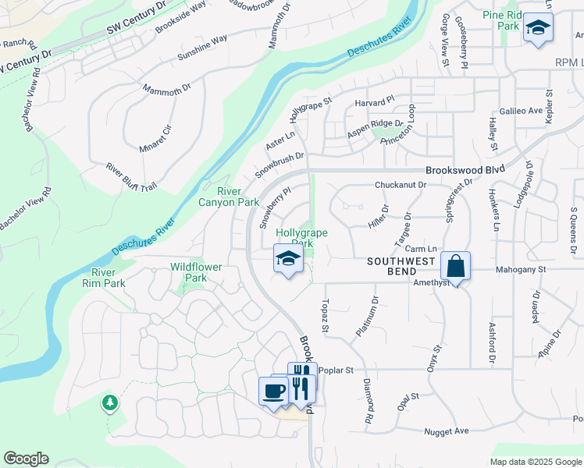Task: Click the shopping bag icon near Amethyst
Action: tap(456, 266)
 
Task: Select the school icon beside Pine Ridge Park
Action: tap(537, 27)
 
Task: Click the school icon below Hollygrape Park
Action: tap(288, 258)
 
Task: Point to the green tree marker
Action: tap(109, 402)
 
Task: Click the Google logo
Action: tap(26, 459)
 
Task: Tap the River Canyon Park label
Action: tap(237, 197)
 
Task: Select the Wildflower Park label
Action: tap(196, 272)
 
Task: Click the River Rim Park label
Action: tap(103, 278)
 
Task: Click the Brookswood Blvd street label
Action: tap(465, 169)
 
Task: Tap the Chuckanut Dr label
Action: tap(400, 185)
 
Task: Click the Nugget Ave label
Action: tap(446, 431)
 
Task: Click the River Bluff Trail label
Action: tap(131, 175)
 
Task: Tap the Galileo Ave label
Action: tap(521, 111)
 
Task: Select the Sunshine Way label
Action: tap(202, 48)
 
